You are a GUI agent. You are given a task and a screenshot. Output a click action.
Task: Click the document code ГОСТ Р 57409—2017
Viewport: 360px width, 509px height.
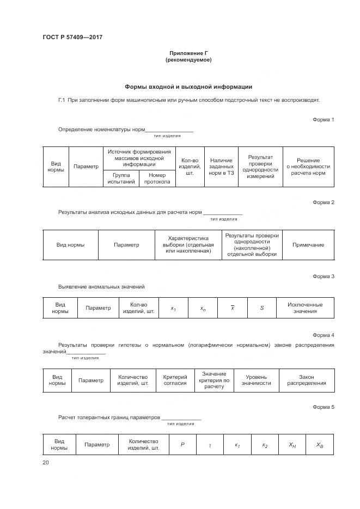(x=73, y=37)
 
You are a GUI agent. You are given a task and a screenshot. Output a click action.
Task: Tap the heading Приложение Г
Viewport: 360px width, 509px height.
(x=188, y=53)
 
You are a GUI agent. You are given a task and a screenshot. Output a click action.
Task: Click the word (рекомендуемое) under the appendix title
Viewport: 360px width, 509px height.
(x=188, y=60)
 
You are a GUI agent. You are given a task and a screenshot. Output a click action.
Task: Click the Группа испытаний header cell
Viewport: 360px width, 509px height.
(x=121, y=179)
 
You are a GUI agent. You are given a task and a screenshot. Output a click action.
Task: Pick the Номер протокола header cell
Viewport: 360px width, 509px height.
(x=157, y=179)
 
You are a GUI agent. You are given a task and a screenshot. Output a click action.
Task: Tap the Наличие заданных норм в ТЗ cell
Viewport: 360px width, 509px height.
(x=221, y=167)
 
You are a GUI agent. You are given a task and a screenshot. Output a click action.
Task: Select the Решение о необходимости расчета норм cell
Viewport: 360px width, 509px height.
(x=308, y=167)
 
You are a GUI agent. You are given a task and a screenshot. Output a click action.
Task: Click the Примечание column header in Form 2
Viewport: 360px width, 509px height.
(x=308, y=245)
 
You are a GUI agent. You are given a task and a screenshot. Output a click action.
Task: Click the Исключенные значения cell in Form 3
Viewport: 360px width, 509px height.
(x=305, y=308)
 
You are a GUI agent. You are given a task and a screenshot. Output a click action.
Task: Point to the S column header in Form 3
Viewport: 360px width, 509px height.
(x=261, y=308)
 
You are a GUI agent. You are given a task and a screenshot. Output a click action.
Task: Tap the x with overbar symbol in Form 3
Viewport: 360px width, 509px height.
(x=233, y=308)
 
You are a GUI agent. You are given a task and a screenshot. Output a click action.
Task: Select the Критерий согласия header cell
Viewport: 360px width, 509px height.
(x=175, y=380)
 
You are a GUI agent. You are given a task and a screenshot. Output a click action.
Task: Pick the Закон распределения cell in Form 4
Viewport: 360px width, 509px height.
(x=307, y=380)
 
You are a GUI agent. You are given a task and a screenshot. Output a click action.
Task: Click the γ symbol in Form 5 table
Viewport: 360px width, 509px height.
(x=210, y=445)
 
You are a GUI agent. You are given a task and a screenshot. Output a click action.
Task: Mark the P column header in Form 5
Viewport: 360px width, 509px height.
(x=182, y=445)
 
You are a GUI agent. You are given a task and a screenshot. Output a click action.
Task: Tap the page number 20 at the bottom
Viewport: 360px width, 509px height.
(x=46, y=463)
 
